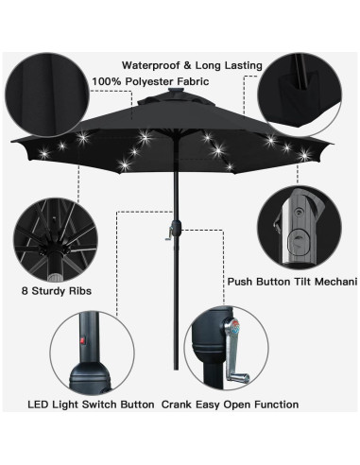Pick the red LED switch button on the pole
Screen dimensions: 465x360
[x=80, y=338]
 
